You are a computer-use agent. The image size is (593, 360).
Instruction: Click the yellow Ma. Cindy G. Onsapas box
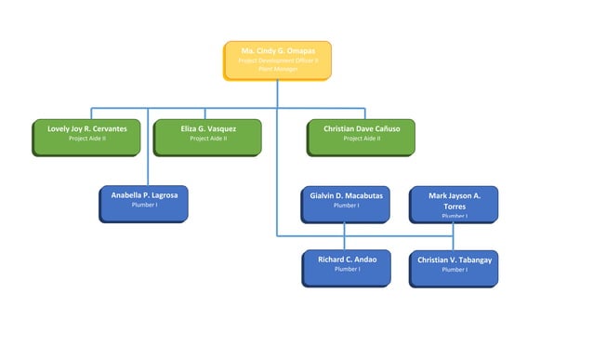click(277, 60)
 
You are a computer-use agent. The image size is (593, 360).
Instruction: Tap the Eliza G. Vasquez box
click(208, 136)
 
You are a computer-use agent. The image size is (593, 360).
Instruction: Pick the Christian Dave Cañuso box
click(361, 136)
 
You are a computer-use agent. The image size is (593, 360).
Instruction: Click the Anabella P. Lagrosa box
click(144, 204)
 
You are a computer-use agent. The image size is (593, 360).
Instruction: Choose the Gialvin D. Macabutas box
click(346, 204)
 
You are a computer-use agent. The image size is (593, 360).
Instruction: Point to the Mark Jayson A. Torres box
click(454, 204)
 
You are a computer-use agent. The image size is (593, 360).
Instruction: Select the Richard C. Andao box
click(347, 268)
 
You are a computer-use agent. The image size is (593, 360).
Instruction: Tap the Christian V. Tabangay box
click(454, 268)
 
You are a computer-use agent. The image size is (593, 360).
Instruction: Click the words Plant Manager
click(277, 69)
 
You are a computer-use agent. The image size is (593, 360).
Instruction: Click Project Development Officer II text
click(277, 60)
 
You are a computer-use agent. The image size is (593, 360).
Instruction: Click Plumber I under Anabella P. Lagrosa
click(144, 205)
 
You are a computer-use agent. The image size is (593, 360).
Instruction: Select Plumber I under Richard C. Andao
click(347, 269)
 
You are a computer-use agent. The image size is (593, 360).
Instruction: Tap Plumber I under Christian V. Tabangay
click(454, 270)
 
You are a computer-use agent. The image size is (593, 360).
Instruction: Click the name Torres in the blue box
click(454, 206)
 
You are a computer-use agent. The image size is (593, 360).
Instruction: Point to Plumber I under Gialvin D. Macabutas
click(346, 206)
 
